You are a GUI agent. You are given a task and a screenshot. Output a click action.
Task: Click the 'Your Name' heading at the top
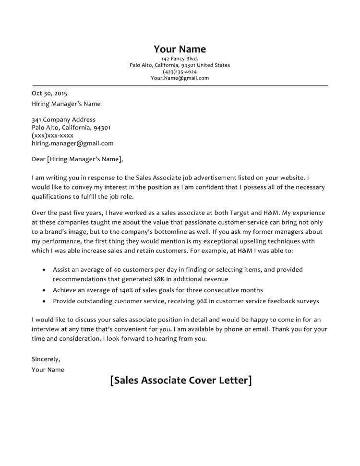pyautogui.click(x=180, y=49)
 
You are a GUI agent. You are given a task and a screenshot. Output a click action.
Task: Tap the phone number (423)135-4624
pyautogui.click(x=180, y=72)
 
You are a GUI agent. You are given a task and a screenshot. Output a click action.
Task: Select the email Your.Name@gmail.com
pyautogui.click(x=180, y=78)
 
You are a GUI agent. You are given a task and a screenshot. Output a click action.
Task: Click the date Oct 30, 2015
pyautogui.click(x=49, y=93)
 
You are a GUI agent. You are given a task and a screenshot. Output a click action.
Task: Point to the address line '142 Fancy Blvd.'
pyautogui.click(x=180, y=59)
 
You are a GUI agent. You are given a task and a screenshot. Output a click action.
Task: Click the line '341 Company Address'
pyautogui.click(x=63, y=119)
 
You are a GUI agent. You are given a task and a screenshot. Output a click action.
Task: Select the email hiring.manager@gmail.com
pyautogui.click(x=72, y=143)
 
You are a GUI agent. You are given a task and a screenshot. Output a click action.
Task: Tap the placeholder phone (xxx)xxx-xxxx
pyautogui.click(x=52, y=135)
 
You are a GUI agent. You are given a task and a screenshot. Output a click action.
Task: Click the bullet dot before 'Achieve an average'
pyautogui.click(x=44, y=290)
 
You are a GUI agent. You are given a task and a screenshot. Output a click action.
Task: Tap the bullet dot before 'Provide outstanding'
pyautogui.click(x=44, y=302)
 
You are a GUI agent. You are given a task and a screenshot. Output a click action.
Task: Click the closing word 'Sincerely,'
pyautogui.click(x=46, y=358)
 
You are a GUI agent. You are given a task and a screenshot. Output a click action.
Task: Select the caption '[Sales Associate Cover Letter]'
pyautogui.click(x=180, y=381)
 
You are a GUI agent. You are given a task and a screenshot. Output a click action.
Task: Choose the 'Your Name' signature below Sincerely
pyautogui.click(x=48, y=370)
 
